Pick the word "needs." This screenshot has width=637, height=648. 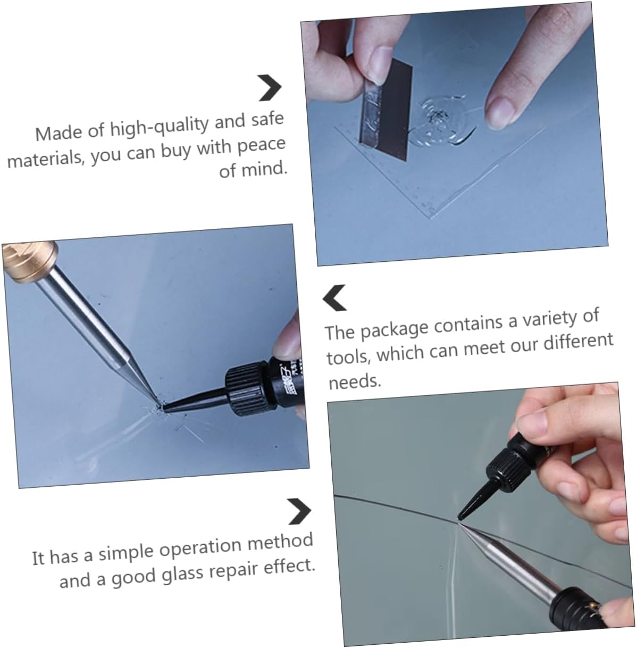(x=355, y=381)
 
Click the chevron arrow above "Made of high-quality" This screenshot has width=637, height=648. (x=270, y=88)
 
